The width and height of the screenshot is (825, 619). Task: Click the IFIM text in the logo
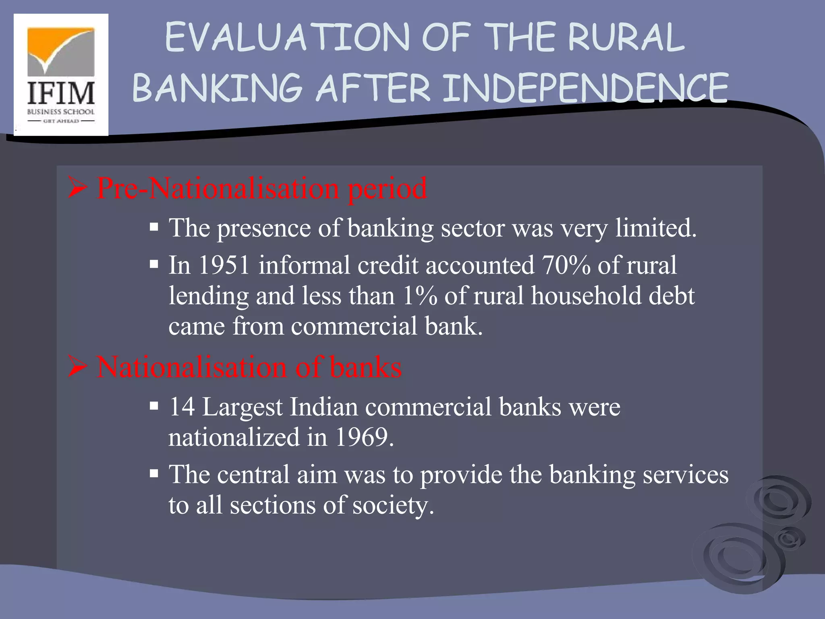click(61, 93)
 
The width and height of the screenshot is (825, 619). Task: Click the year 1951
click(224, 265)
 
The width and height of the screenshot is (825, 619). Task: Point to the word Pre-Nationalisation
click(218, 188)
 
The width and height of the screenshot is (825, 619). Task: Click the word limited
click(655, 228)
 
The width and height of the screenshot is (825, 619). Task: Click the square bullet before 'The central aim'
click(153, 474)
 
